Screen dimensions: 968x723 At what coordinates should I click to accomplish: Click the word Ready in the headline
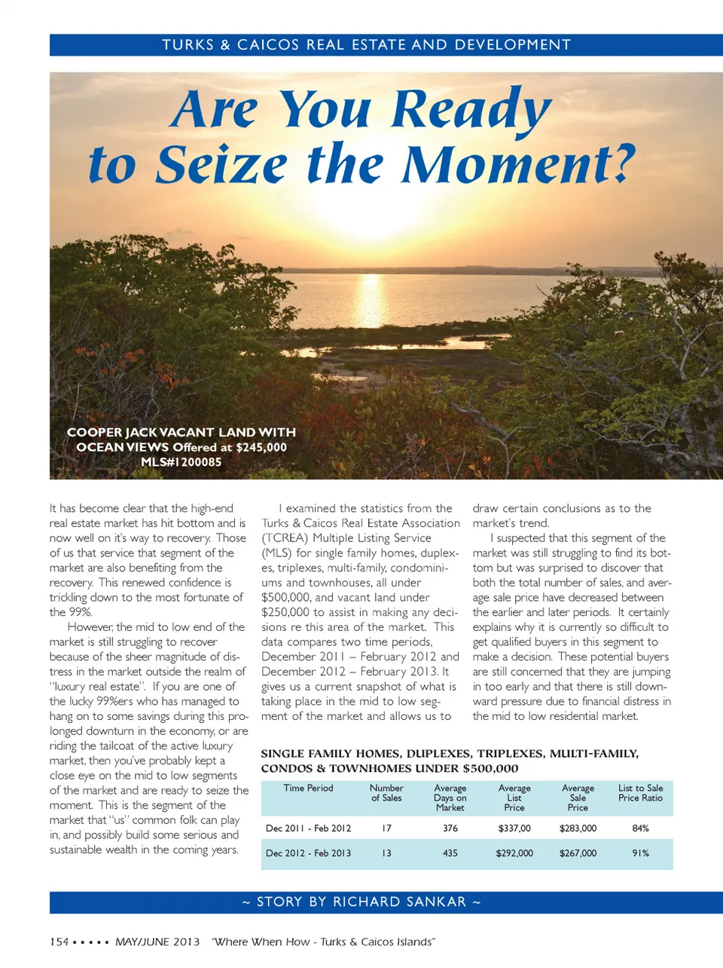pos(472,110)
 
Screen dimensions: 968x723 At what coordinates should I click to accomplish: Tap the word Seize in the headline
pos(221,164)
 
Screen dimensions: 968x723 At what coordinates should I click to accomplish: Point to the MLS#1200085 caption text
pos(182,462)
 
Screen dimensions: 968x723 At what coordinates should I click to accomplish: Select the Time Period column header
pos(308,788)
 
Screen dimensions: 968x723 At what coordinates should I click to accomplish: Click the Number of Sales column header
pos(386,792)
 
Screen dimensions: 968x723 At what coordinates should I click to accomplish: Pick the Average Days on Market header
pos(450,798)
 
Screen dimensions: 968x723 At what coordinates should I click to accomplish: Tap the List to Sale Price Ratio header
pos(641,792)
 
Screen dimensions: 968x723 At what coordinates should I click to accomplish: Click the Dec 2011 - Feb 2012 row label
pos(309,828)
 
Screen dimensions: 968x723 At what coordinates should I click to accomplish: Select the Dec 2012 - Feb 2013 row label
pos(309,853)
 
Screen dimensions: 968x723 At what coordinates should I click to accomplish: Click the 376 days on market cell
pos(450,828)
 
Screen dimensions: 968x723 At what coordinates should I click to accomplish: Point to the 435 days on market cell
pos(450,853)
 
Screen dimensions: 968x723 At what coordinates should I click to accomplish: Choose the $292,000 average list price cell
pos(514,853)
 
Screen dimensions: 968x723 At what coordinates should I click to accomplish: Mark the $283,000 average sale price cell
pos(578,828)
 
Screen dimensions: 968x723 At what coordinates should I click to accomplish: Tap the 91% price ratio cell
pos(641,853)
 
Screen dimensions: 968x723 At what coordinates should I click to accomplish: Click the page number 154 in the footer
pos(59,942)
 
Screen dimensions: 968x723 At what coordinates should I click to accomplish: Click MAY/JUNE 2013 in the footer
pos(157,942)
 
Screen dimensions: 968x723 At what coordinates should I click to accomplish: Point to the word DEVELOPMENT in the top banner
pos(513,44)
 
